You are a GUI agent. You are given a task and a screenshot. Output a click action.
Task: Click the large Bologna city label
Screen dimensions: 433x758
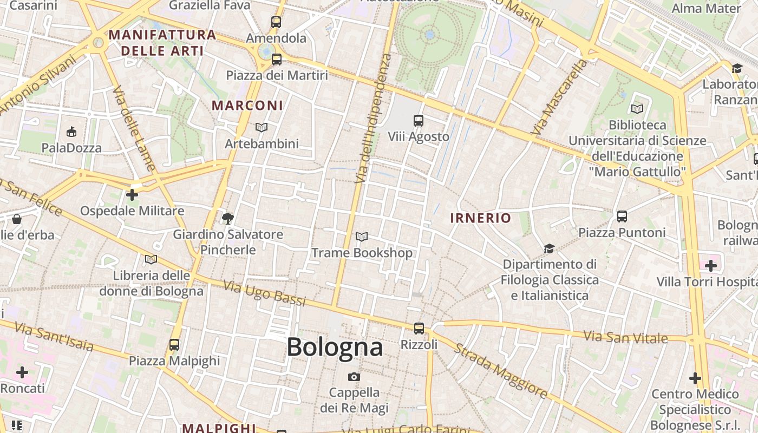click(x=335, y=347)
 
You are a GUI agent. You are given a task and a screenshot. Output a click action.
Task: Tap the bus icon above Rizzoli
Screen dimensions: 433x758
click(x=419, y=328)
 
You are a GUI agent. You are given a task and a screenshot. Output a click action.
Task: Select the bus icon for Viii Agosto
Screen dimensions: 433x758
click(x=419, y=120)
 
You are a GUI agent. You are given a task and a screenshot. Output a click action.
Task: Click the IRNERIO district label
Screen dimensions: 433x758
click(x=481, y=218)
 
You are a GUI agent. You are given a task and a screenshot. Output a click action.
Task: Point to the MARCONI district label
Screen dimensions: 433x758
click(x=247, y=106)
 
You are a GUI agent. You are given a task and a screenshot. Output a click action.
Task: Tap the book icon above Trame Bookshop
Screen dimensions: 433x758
click(x=362, y=237)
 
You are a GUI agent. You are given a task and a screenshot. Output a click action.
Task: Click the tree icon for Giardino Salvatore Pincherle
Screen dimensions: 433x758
click(x=228, y=219)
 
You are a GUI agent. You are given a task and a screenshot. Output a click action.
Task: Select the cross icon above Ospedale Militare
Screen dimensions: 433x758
click(x=132, y=195)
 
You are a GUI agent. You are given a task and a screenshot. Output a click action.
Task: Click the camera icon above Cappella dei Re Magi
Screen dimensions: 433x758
click(x=354, y=377)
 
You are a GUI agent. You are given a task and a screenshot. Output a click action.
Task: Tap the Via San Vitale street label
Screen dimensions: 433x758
click(x=626, y=336)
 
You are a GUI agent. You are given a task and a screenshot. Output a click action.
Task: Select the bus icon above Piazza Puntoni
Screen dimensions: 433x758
click(x=622, y=216)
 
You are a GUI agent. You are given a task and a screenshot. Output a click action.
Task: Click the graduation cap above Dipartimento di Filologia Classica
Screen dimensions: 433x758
click(x=550, y=248)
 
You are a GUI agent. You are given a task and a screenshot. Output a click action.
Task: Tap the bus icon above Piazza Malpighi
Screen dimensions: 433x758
click(x=174, y=344)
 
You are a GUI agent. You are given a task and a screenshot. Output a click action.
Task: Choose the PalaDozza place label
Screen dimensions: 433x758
click(x=71, y=148)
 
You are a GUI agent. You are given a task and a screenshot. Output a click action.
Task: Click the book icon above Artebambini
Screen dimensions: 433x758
click(x=262, y=128)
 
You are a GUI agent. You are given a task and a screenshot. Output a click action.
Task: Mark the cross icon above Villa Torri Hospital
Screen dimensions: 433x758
click(x=711, y=266)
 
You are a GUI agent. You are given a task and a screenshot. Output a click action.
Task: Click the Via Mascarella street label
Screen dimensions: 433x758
click(x=559, y=97)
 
